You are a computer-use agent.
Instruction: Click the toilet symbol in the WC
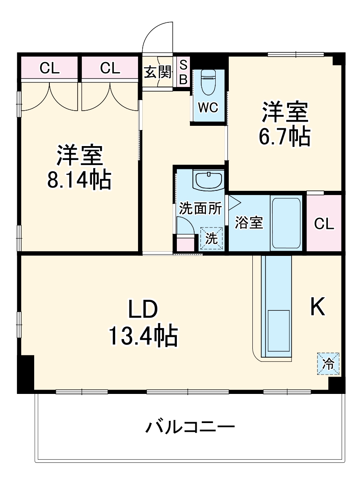[x=208, y=83]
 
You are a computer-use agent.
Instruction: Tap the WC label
[x=208, y=108]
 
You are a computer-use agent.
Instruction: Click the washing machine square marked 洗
[x=211, y=238]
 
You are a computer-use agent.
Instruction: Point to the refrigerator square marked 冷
[x=328, y=364]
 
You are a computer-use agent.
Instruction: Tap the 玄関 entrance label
[x=158, y=73]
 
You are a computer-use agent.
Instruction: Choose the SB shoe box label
[x=183, y=72]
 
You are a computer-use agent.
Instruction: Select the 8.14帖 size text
[x=79, y=179]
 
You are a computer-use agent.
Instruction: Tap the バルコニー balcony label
[x=190, y=427]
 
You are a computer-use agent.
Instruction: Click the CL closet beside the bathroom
[x=324, y=223]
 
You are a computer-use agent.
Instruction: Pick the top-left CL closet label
[x=49, y=68]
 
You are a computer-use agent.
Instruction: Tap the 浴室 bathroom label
[x=249, y=223]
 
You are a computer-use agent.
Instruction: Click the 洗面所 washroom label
[x=200, y=209]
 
